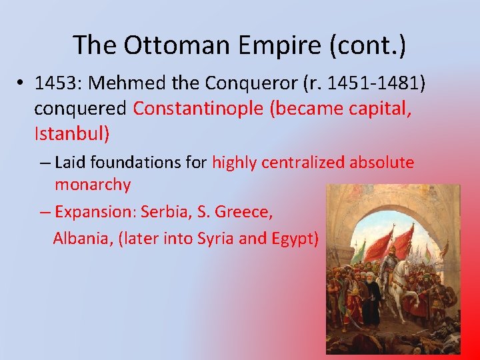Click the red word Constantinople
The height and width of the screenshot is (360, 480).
click(198, 109)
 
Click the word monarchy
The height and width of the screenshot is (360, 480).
click(93, 185)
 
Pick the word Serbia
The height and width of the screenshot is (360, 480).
click(165, 212)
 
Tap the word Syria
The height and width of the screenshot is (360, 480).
click(215, 238)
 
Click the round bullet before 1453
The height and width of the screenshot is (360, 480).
click(22, 84)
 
